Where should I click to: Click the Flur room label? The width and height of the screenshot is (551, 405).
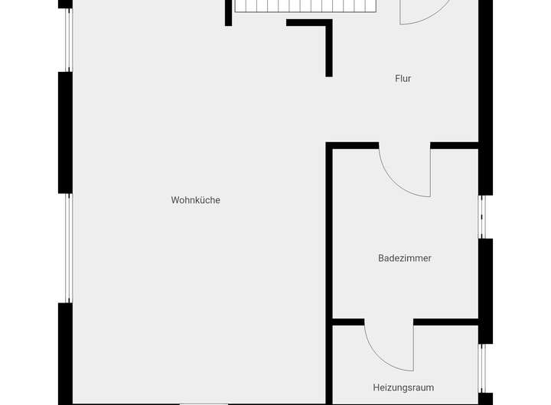[403, 78]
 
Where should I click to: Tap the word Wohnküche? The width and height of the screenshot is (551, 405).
[195, 200]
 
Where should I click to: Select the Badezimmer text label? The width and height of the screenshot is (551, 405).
[404, 258]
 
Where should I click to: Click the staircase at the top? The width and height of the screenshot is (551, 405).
[306, 6]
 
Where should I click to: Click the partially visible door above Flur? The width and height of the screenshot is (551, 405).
[422, 11]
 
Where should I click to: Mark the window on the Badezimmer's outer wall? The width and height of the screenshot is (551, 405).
[483, 218]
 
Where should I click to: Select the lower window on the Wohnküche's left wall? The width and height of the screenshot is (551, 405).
[67, 248]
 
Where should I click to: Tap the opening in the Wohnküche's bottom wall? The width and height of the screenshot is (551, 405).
[204, 403]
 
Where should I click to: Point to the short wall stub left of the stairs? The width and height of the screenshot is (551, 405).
[228, 13]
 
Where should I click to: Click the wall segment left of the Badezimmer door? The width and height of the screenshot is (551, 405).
[354, 145]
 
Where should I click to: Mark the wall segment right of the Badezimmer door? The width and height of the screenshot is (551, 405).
[455, 145]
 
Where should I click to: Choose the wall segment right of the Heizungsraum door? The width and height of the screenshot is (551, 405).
[446, 322]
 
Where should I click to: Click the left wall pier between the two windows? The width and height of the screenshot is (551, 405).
[66, 131]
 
